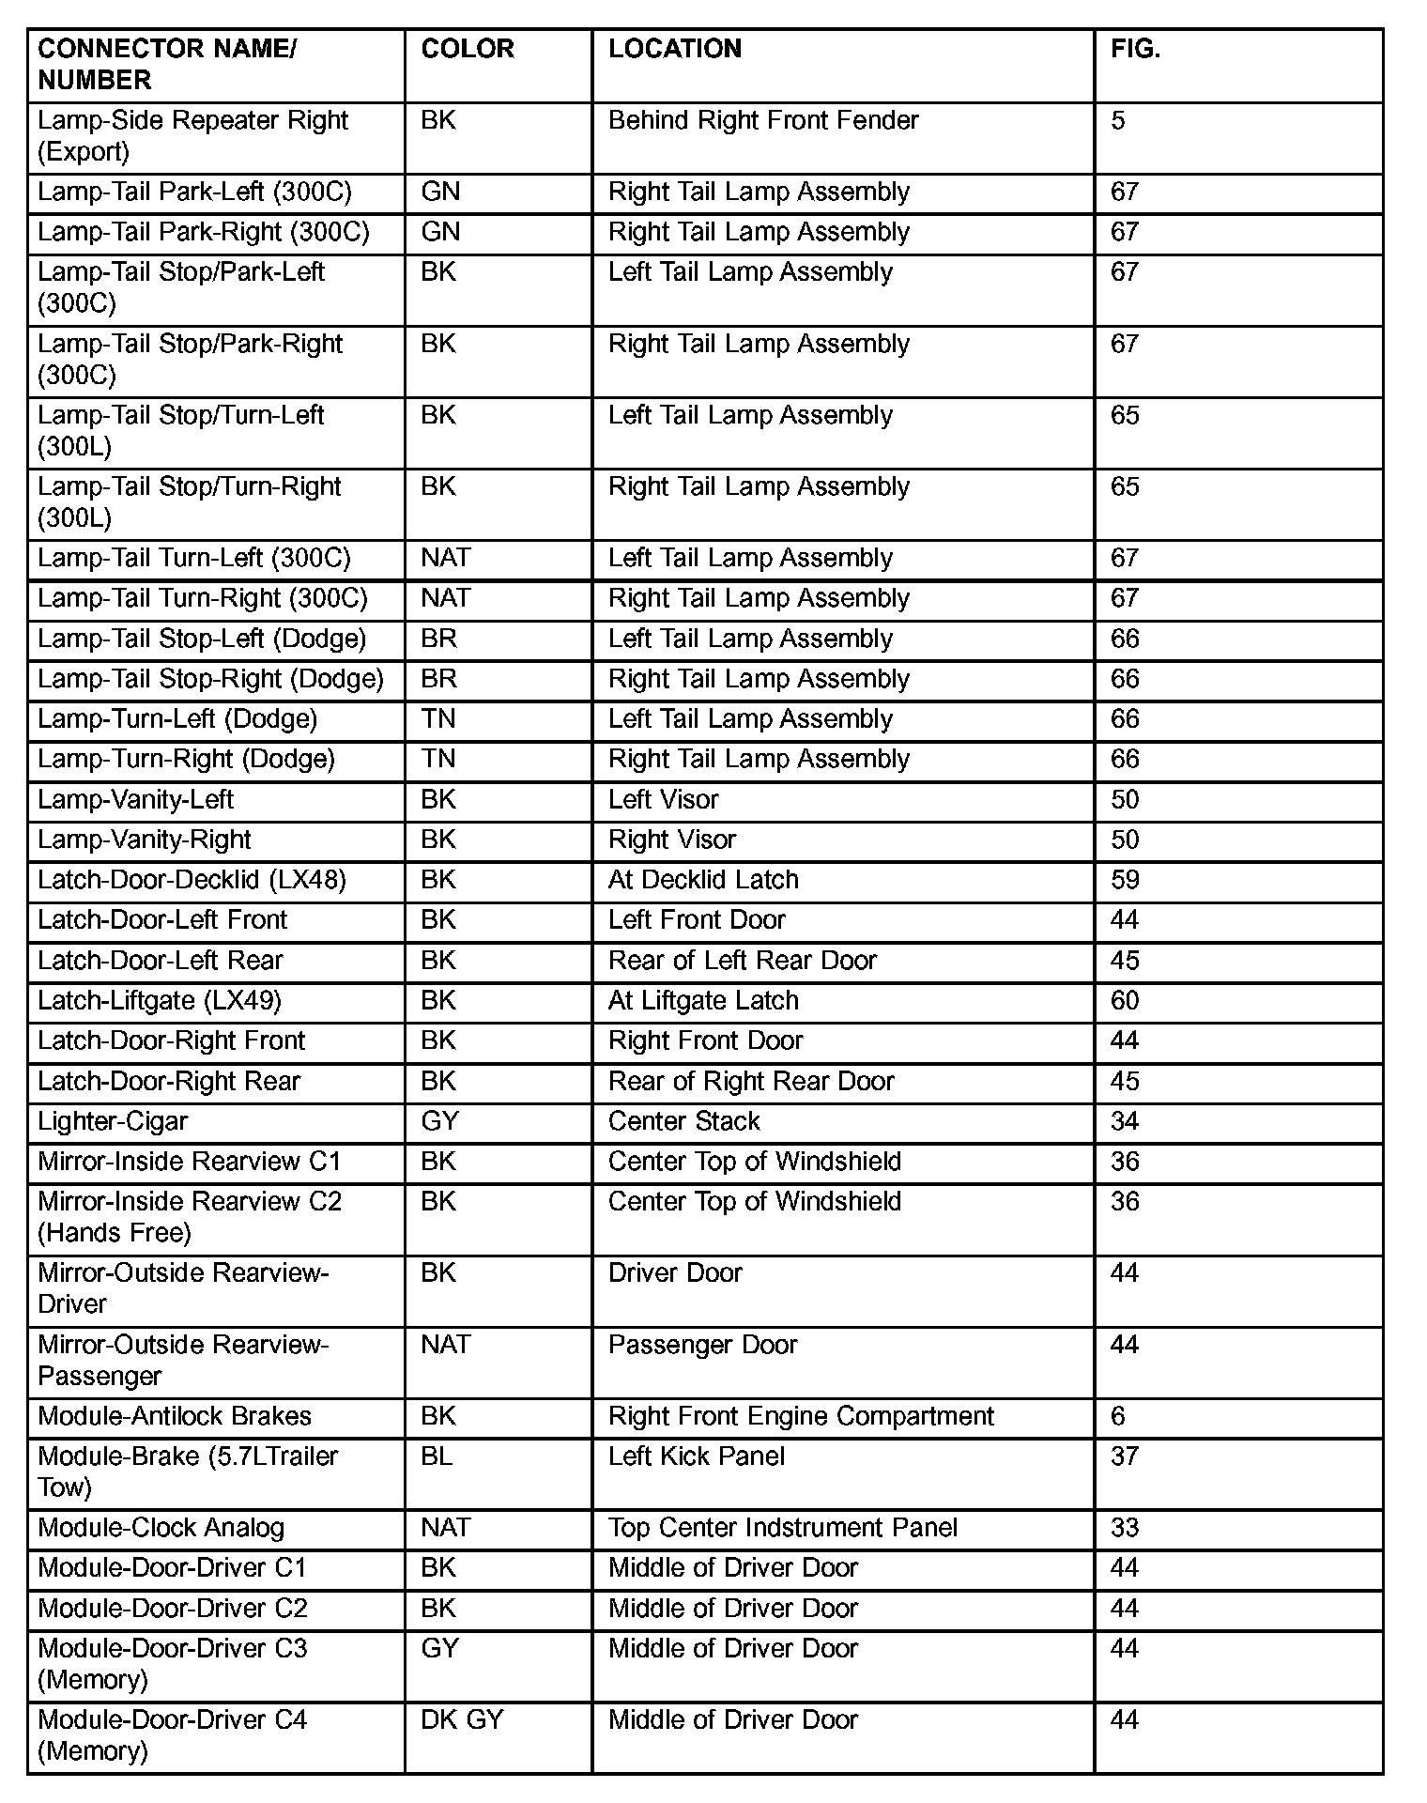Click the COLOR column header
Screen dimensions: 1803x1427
pos(468,50)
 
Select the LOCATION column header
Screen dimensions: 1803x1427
pos(675,50)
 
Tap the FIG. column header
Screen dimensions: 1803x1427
pos(1136,50)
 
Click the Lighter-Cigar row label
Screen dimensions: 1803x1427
pos(113,1121)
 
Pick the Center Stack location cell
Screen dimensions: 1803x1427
pos(683,1121)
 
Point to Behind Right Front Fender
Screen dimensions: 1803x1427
pos(763,120)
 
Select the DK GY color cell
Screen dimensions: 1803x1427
pos(462,1719)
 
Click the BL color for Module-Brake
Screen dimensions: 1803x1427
pos(437,1456)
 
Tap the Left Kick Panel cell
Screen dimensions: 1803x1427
pos(696,1456)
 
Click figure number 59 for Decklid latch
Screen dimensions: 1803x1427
pos(1125,880)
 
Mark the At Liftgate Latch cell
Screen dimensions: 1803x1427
pos(703,1001)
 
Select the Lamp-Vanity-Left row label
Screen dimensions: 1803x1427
pos(136,800)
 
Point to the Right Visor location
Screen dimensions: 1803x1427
pos(672,840)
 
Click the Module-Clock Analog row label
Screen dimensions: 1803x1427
pos(161,1528)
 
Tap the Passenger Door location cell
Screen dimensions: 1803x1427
pos(702,1345)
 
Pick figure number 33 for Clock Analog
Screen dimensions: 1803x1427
pos(1125,1528)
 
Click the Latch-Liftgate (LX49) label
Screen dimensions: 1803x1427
pos(160,1001)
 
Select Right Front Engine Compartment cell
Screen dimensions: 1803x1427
pos(801,1416)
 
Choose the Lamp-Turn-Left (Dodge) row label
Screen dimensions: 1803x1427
pos(177,719)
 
